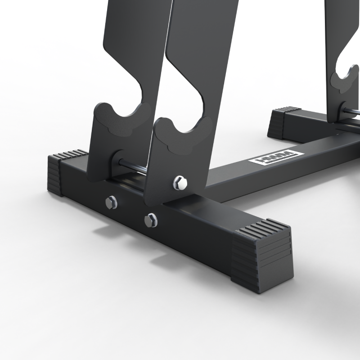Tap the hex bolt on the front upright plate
tap(180, 182)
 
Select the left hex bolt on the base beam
tap(111, 202)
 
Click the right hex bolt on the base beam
tap(151, 220)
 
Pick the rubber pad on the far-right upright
tap(344, 81)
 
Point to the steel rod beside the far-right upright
tap(351, 111)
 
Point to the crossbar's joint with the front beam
tap(214, 189)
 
